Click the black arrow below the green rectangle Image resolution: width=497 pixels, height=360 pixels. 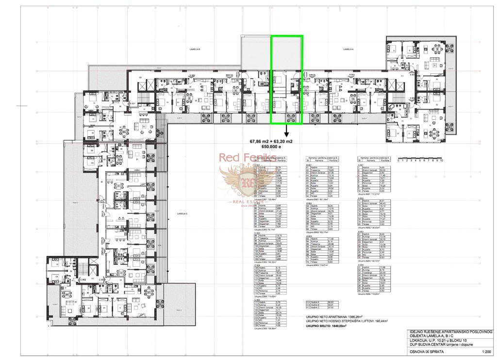click(x=286, y=131)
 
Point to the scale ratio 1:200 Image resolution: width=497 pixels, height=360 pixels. click(x=483, y=353)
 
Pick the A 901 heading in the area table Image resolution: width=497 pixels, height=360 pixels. click(x=361, y=164)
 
